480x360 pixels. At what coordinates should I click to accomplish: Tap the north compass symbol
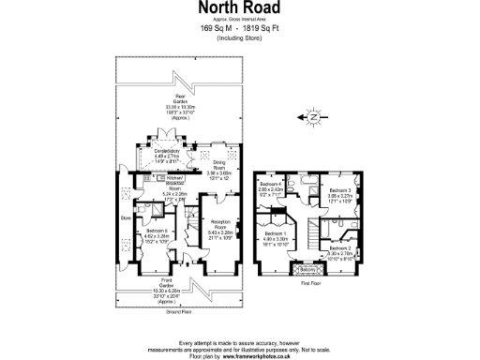click(x=311, y=117)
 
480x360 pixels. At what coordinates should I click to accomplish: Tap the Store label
click(x=123, y=221)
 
